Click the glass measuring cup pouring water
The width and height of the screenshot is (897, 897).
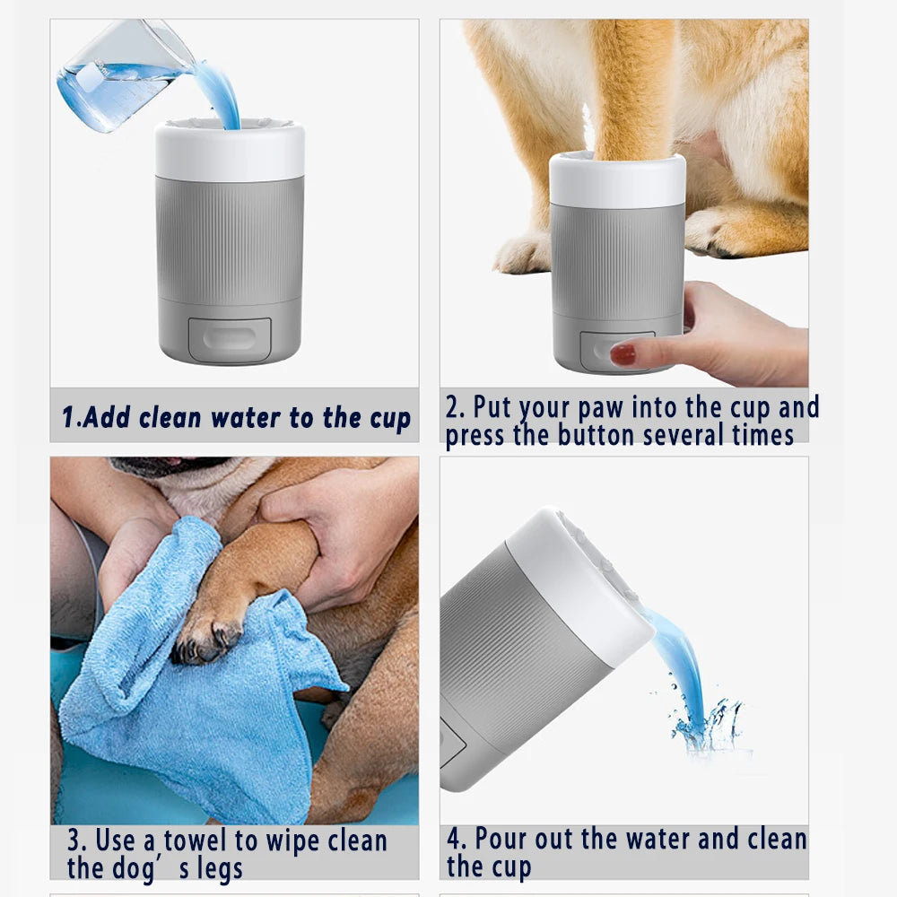click(x=117, y=76)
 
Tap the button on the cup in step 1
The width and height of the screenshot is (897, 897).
click(x=230, y=340)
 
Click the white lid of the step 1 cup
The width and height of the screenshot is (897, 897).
click(x=230, y=151)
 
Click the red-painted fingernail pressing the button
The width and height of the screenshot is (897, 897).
click(x=623, y=354)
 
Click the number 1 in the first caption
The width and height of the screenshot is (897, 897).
click(x=67, y=418)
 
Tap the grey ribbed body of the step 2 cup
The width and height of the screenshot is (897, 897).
click(x=616, y=260)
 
